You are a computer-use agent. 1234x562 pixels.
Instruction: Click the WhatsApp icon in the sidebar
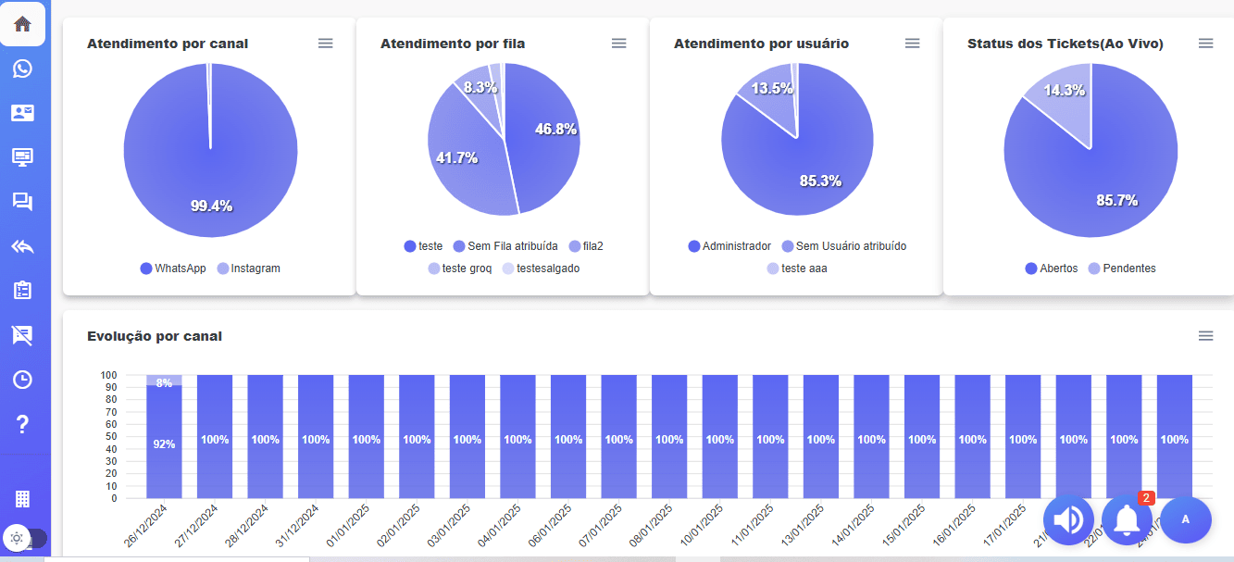coord(22,69)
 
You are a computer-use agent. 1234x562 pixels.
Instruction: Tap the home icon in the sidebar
coord(22,24)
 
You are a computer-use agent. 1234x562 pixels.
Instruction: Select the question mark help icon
coord(22,424)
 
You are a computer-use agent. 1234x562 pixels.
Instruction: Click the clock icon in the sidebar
coord(22,380)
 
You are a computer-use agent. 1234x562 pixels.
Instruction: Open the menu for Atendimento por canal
coord(325,44)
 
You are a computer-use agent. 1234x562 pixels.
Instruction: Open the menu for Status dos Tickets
coord(1205,44)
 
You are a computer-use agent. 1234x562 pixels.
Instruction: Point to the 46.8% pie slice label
coord(555,130)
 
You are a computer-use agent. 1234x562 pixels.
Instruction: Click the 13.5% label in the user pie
coord(772,89)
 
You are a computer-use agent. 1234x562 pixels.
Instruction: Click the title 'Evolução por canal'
coord(155,336)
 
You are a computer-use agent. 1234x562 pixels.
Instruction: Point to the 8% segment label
coord(164,382)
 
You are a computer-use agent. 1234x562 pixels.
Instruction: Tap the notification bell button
coord(1127,520)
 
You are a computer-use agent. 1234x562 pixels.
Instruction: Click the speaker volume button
coord(1068,520)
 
